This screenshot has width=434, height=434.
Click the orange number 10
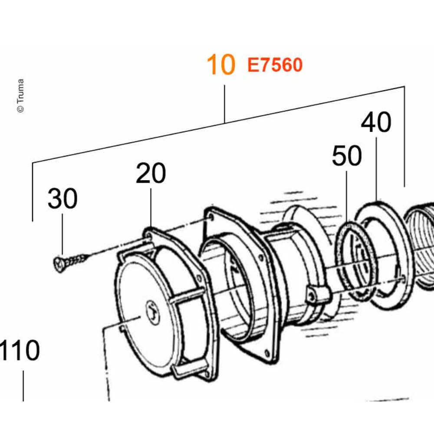click(x=221, y=65)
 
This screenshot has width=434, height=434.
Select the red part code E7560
click(x=275, y=65)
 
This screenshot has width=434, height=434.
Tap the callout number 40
click(x=376, y=122)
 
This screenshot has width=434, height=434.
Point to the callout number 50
click(x=347, y=155)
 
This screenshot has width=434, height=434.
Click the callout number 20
click(x=151, y=173)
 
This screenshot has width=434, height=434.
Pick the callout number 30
click(x=62, y=198)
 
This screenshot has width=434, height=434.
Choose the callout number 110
click(x=20, y=350)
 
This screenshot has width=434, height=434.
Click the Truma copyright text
click(x=20, y=96)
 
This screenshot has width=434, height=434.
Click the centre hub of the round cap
click(x=152, y=312)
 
